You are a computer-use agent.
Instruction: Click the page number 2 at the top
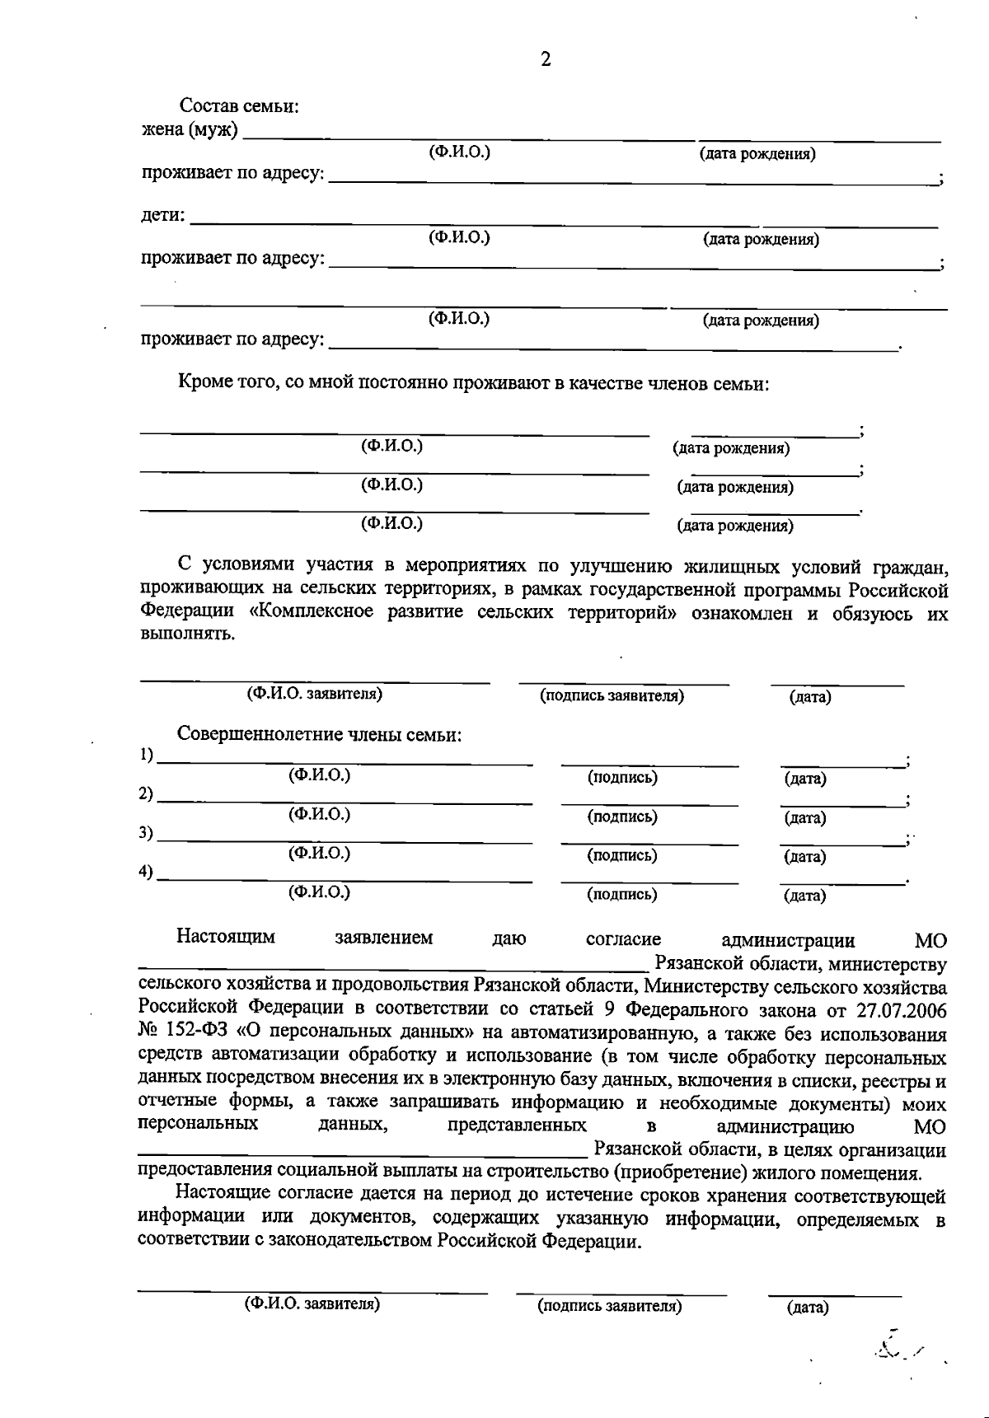(546, 59)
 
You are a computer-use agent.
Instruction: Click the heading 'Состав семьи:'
(239, 106)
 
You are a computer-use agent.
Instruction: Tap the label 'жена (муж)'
(190, 130)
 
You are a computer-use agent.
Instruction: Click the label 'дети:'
(162, 216)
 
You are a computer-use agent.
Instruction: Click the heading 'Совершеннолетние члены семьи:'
(319, 734)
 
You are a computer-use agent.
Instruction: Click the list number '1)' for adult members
(147, 755)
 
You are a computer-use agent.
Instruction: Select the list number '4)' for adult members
(147, 872)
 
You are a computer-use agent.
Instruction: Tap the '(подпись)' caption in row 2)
(622, 817)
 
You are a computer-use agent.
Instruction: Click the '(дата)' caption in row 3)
(805, 856)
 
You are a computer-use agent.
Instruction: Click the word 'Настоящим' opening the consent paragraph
(225, 937)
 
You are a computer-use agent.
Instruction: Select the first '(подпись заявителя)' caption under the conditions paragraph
(612, 695)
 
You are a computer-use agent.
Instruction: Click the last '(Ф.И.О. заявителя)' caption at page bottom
(312, 1304)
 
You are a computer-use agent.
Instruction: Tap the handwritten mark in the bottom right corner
(894, 1349)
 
